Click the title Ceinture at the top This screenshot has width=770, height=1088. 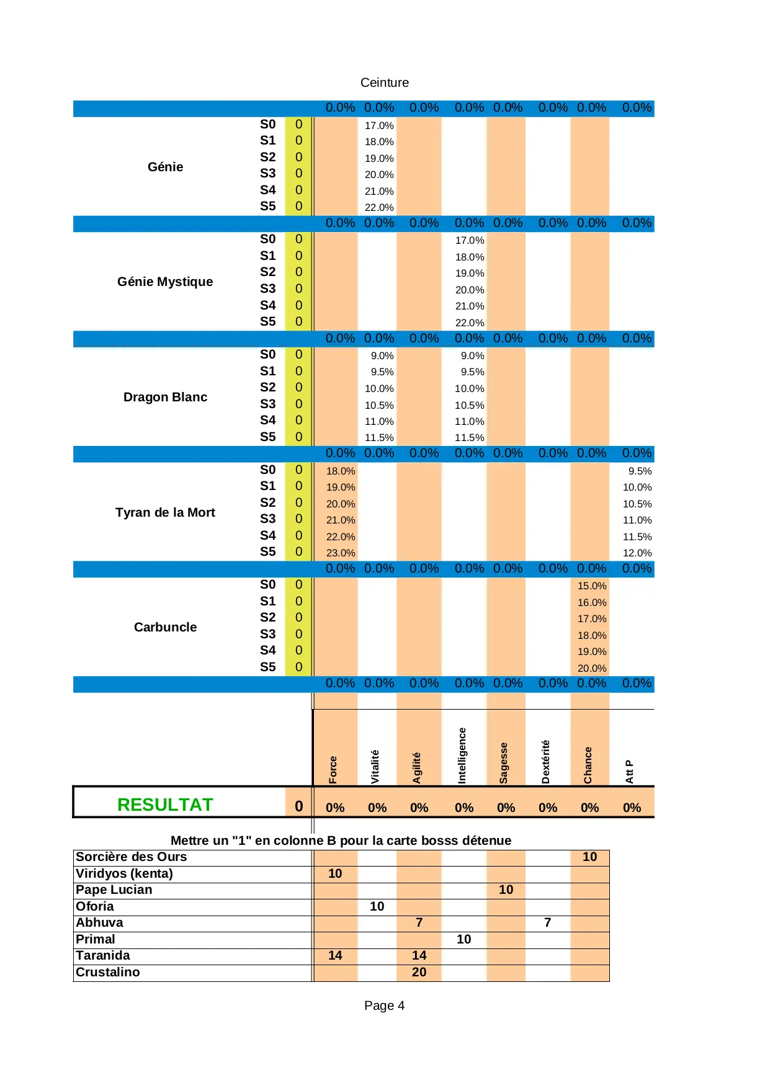point(385,82)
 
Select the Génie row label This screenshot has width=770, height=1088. point(165,167)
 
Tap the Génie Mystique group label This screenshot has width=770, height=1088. point(165,282)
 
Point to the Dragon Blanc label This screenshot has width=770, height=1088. point(165,397)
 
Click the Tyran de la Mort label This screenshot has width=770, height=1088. point(165,512)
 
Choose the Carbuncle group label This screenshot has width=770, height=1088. point(165,627)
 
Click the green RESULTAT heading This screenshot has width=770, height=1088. point(165,805)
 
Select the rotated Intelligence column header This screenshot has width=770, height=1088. point(462,756)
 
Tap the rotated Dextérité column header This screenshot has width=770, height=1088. point(545,762)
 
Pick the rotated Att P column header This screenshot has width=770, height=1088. point(629,772)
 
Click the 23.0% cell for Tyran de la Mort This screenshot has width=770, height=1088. point(341,553)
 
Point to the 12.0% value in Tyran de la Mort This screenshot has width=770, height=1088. point(637,553)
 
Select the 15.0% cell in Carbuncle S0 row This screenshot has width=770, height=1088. point(592,586)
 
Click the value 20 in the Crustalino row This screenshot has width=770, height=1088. point(419,972)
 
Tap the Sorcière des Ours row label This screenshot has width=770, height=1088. point(131,857)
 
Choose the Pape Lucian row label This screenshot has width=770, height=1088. point(114,890)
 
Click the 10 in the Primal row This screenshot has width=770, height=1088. point(463,939)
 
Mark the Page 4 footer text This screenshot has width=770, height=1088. point(384,1006)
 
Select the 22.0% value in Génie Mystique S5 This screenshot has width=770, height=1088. point(470,323)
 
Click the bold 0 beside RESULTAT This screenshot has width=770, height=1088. point(298,806)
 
